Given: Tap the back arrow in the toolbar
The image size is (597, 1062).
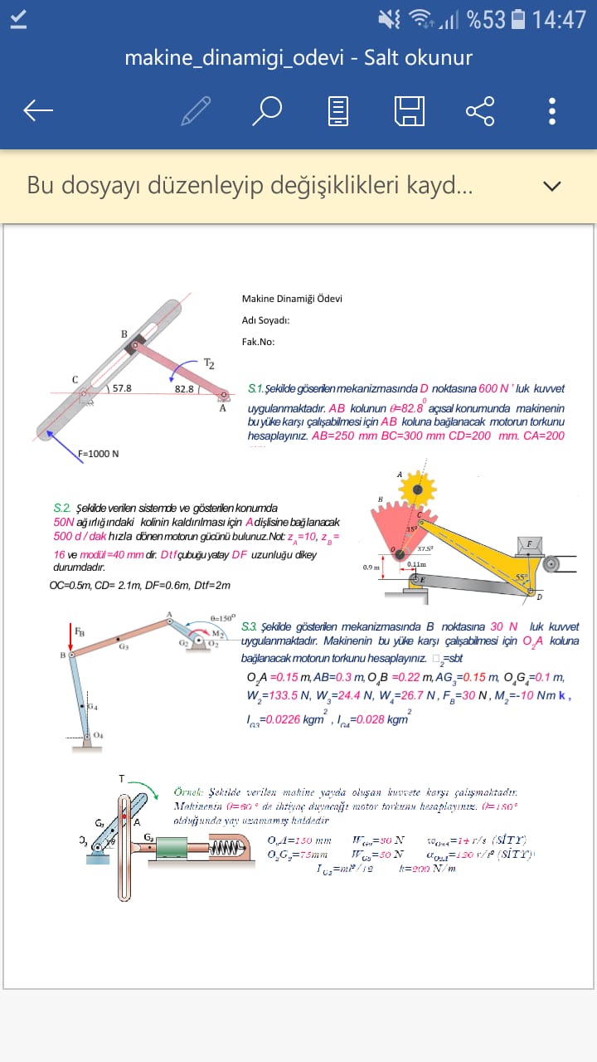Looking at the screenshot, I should tap(38, 110).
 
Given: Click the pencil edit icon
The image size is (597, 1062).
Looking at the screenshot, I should tap(196, 110).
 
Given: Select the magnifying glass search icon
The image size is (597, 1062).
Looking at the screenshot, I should tap(267, 110).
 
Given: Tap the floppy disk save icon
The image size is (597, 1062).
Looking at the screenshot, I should tap(410, 110).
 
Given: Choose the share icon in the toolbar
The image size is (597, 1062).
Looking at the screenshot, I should tap(480, 110).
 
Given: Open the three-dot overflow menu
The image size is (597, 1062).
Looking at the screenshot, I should tap(552, 110).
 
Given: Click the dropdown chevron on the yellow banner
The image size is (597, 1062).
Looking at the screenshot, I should tap(552, 186).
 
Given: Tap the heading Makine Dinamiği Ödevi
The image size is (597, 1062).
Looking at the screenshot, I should tap(292, 299).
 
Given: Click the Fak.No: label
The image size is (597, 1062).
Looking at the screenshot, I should tap(258, 341).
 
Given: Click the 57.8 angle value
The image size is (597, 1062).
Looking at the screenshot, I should tap(122, 387).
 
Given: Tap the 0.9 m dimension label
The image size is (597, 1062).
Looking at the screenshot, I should tap(371, 568).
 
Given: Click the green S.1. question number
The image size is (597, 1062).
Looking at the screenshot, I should tap(255, 388).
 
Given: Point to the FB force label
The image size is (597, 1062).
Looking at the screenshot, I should tap(79, 632).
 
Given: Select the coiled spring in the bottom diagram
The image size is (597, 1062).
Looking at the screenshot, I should tap(224, 848).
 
